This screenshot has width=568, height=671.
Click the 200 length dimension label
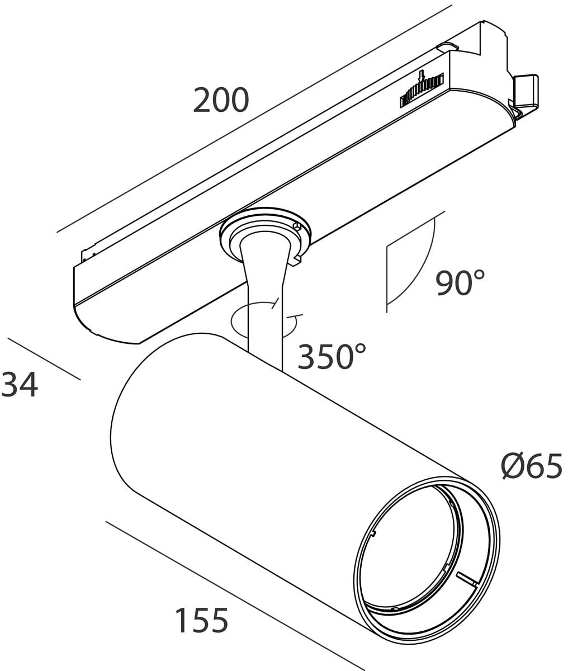pyautogui.click(x=221, y=100)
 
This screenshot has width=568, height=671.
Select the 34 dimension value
pyautogui.click(x=20, y=385)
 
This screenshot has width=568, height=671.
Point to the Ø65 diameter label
pyautogui.click(x=532, y=466)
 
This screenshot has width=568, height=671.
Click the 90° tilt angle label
pyautogui.click(x=460, y=282)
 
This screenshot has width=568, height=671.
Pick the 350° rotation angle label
pyautogui.click(x=332, y=356)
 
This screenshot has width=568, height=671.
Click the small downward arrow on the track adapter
pyautogui.click(x=422, y=77)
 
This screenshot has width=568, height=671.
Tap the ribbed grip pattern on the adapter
pyautogui.click(x=422, y=91)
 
